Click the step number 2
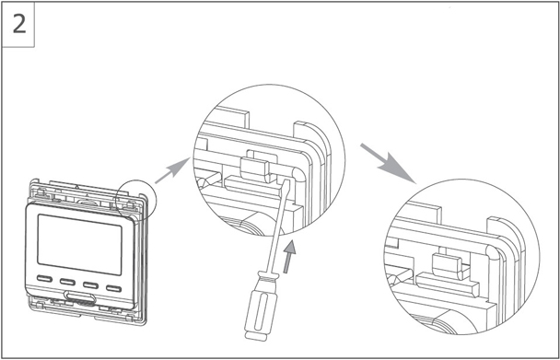point(19,24)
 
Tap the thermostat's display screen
point(79,244)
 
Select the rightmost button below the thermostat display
point(113,288)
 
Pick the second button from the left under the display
point(67,282)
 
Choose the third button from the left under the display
point(90,285)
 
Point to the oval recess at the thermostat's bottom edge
point(80,297)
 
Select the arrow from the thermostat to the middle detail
point(172,170)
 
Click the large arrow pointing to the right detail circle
point(388,163)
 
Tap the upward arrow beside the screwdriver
point(289,257)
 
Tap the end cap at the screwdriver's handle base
point(256,336)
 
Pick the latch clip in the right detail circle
point(448,265)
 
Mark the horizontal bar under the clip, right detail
point(448,284)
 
